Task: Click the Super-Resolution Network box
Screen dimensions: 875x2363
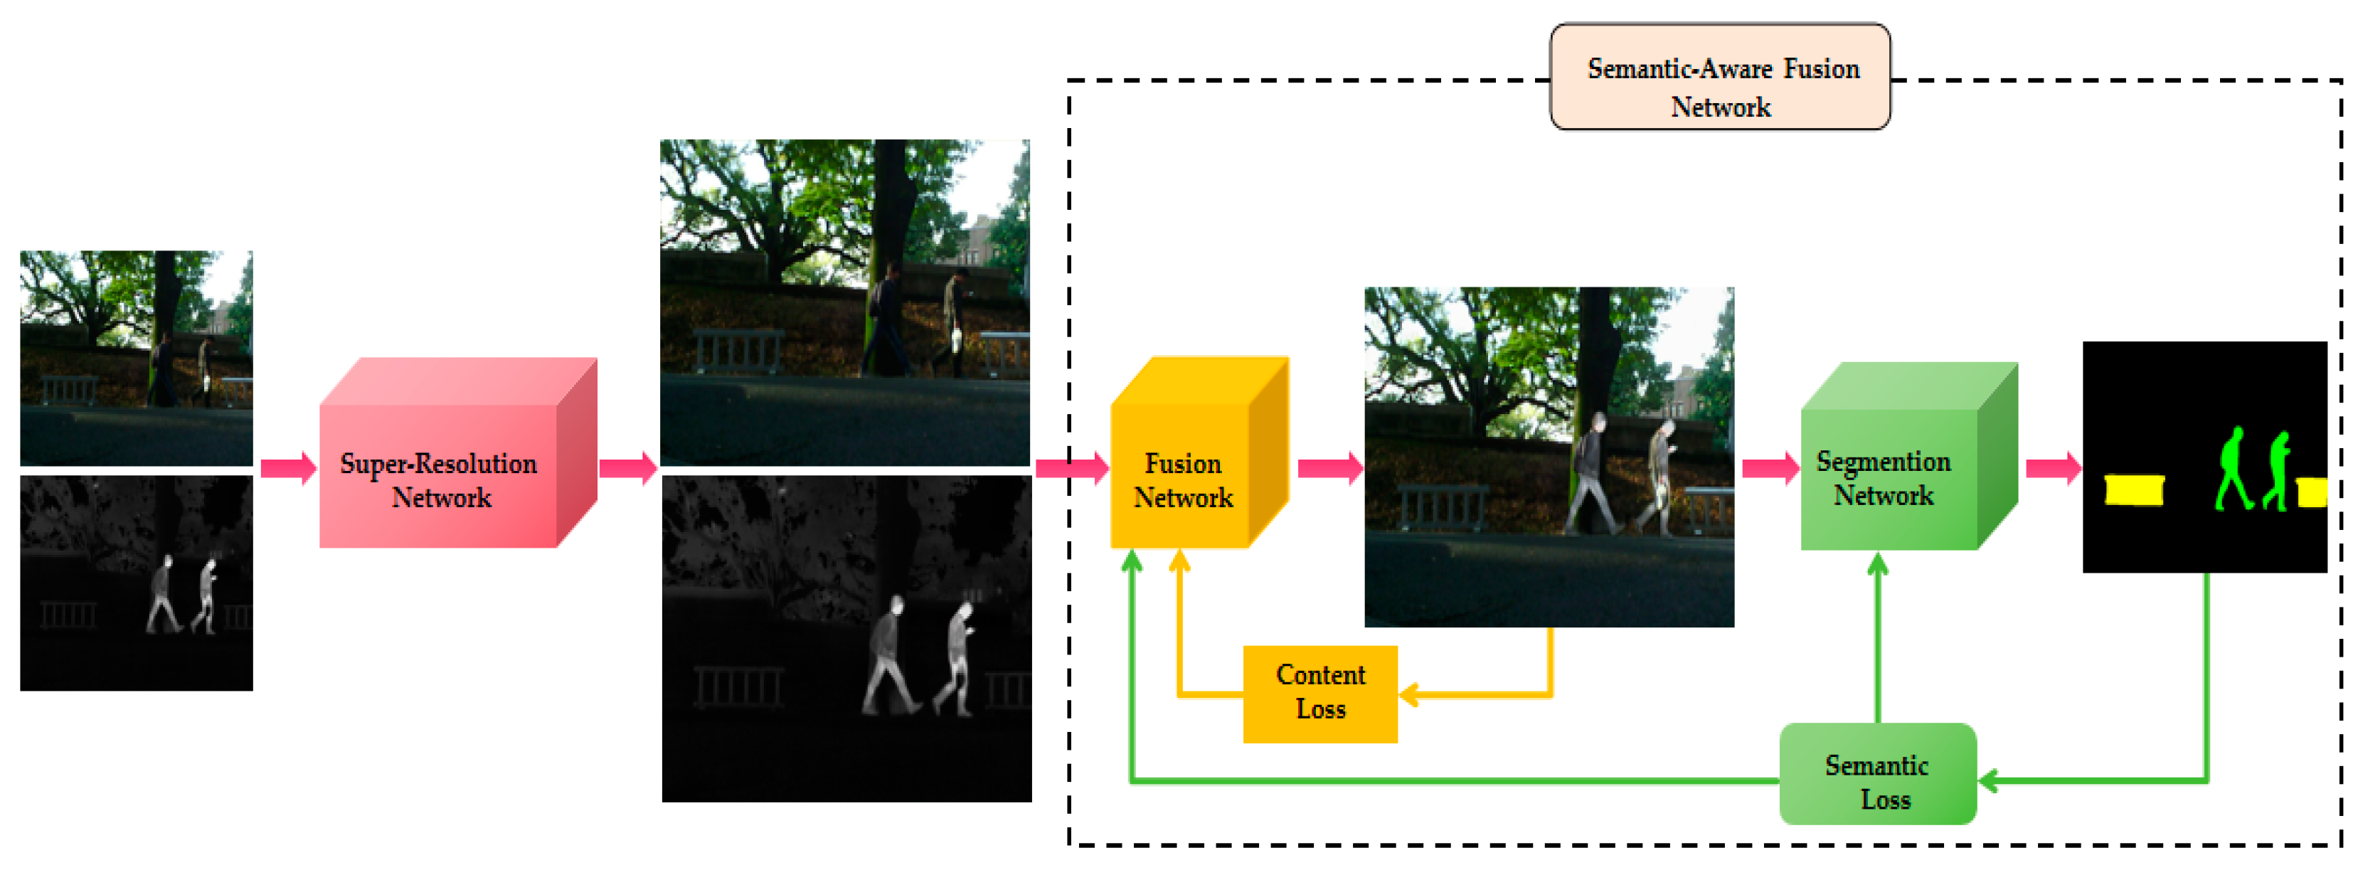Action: coord(440,477)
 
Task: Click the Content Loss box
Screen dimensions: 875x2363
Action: coord(1320,692)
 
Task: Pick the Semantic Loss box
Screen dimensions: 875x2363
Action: coord(1877,780)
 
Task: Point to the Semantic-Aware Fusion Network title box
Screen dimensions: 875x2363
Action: coord(1720,78)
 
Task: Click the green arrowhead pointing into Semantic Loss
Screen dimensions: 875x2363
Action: coord(1989,780)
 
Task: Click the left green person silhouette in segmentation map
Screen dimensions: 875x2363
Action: coord(2233,468)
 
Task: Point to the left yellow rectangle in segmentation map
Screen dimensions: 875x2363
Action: coord(2135,489)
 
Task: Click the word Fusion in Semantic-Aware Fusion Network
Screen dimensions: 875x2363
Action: coord(1821,69)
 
